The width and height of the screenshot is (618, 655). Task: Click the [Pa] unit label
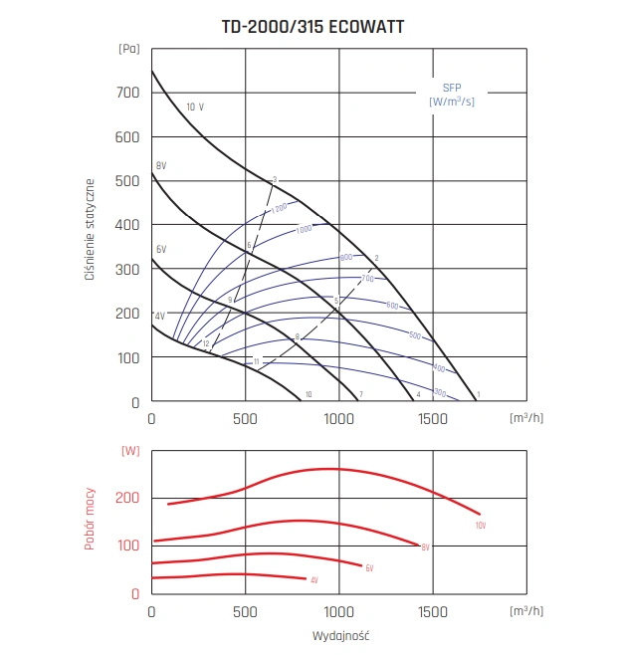(128, 48)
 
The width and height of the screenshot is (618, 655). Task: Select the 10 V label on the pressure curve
(195, 107)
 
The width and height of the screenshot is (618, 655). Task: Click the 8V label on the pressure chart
(161, 165)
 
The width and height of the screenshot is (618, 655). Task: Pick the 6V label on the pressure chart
(161, 249)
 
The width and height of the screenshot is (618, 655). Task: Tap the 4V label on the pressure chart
(159, 316)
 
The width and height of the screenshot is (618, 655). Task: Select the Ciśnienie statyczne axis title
(90, 229)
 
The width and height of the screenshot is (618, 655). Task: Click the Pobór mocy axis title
(90, 519)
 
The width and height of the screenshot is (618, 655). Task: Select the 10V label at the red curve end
(481, 525)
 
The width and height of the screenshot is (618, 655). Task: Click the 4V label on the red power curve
(314, 580)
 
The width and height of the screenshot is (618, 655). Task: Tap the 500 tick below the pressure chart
(245, 420)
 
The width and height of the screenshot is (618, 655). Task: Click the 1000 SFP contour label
(304, 230)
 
